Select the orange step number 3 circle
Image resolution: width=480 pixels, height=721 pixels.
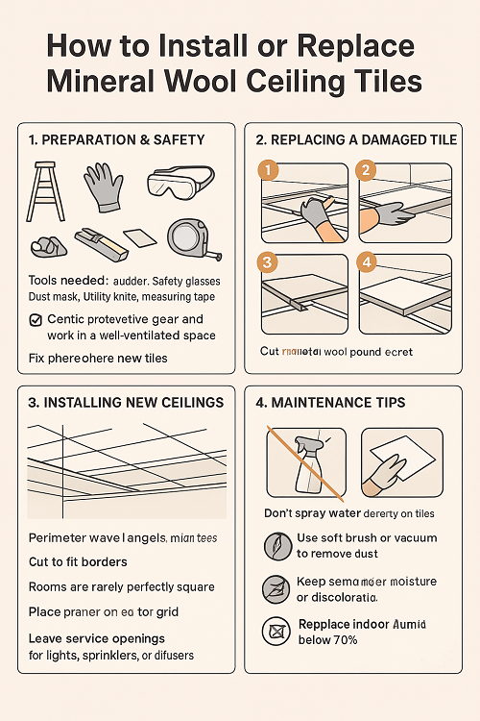click(270, 261)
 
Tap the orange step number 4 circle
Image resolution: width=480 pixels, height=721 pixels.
click(366, 261)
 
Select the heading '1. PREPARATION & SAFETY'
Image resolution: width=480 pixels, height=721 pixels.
click(117, 140)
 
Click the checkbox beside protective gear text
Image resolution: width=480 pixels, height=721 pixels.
click(36, 319)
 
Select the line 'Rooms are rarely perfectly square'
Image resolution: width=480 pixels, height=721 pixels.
click(122, 586)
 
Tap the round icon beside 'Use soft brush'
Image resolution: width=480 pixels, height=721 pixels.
click(274, 545)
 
